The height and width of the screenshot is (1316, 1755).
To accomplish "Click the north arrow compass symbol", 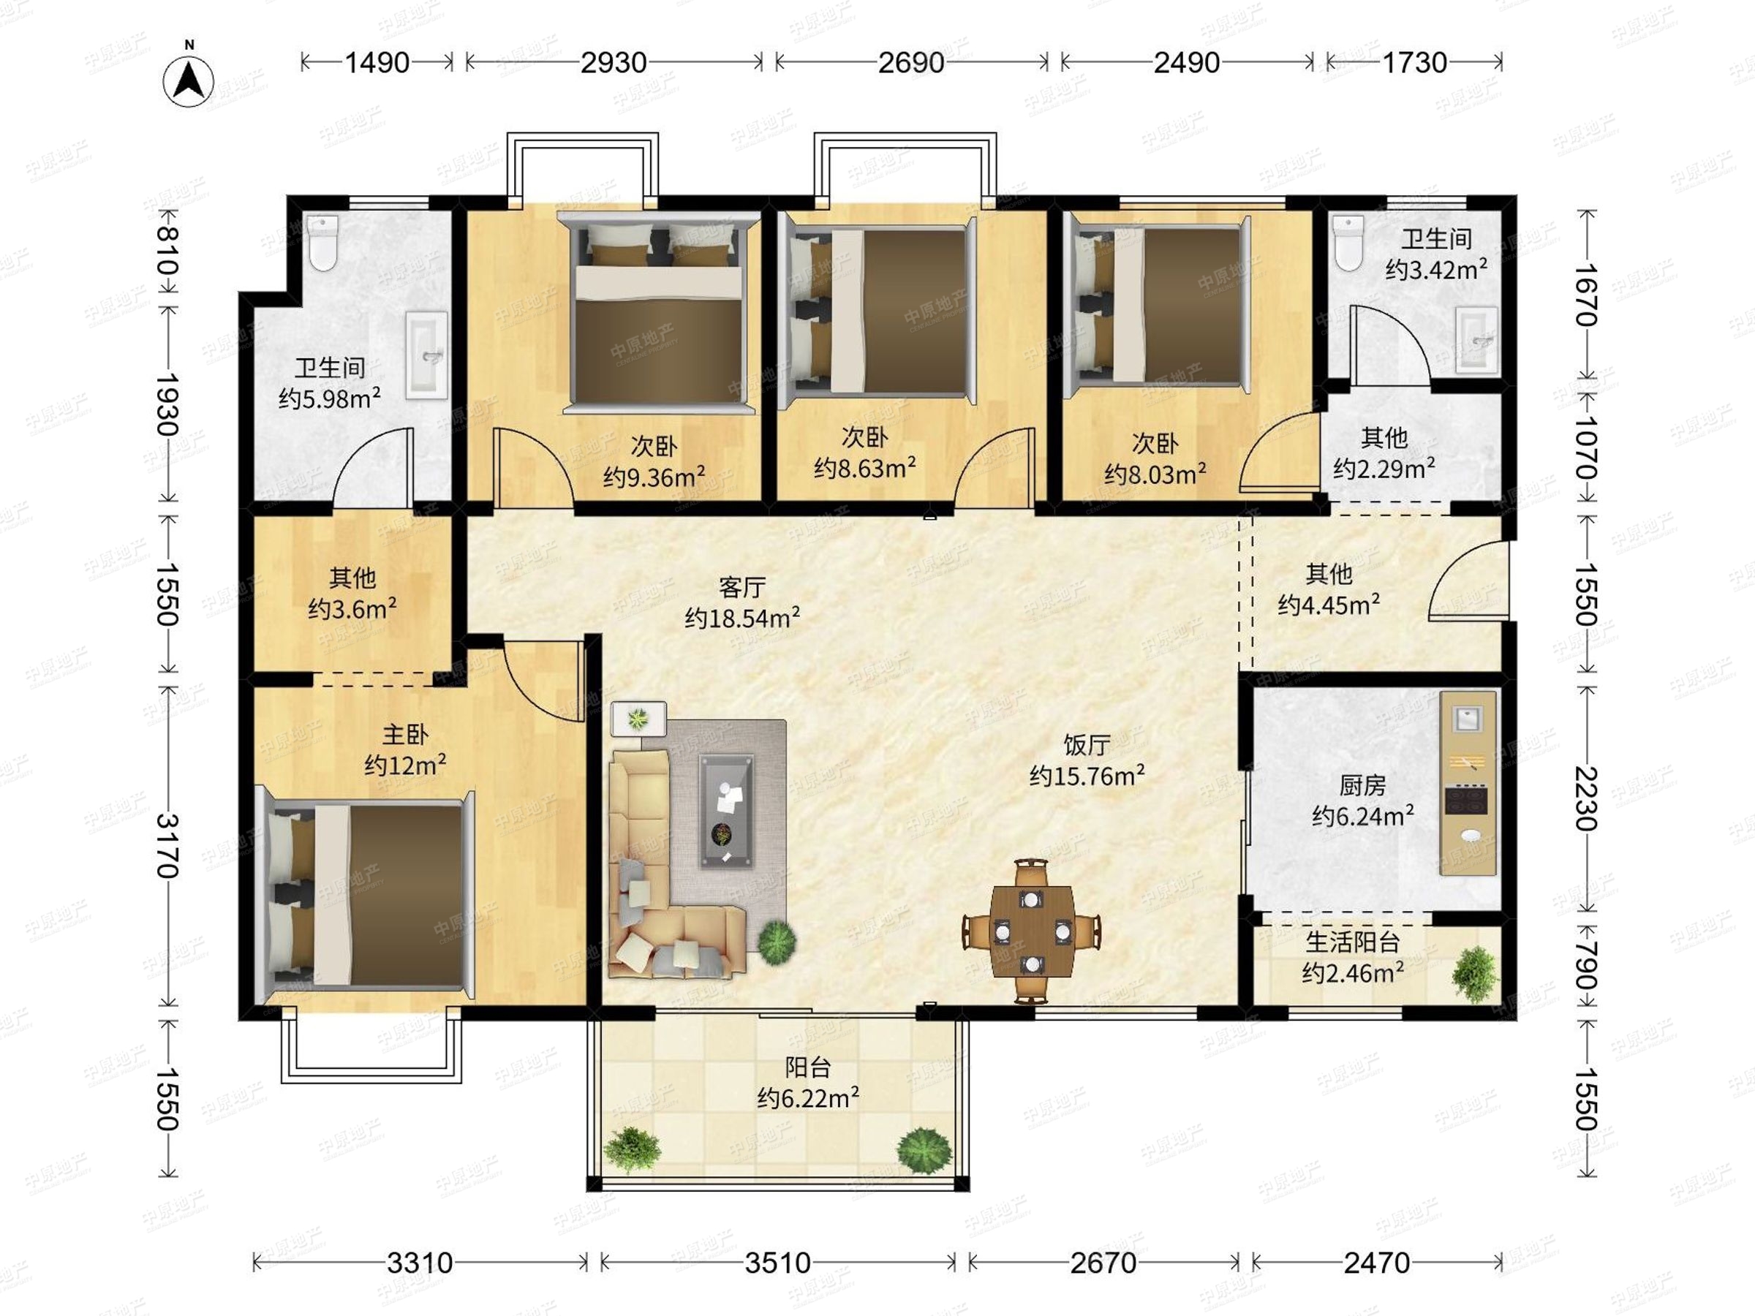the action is [189, 81].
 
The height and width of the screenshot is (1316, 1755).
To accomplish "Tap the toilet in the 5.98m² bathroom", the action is [323, 242].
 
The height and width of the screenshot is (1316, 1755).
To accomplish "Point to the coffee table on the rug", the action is [726, 811].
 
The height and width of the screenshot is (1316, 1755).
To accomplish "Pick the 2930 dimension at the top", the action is [614, 63].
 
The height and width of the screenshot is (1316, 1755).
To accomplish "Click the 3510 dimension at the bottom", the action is [777, 1263].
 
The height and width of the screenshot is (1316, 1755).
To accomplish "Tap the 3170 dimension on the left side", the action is [166, 847].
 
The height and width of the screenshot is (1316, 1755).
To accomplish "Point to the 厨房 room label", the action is [1362, 785].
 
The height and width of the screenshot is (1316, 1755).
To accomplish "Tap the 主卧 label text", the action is [404, 735].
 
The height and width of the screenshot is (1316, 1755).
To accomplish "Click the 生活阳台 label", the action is [1353, 942].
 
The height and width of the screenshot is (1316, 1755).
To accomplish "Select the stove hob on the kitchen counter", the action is [1466, 799].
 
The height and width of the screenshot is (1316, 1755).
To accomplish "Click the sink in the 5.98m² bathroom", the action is [427, 354].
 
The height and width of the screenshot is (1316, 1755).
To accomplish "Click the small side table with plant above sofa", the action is [638, 719].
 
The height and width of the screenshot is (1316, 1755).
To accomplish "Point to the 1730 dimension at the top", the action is [1415, 63].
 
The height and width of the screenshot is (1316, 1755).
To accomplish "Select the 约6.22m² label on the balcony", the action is [808, 1098].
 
